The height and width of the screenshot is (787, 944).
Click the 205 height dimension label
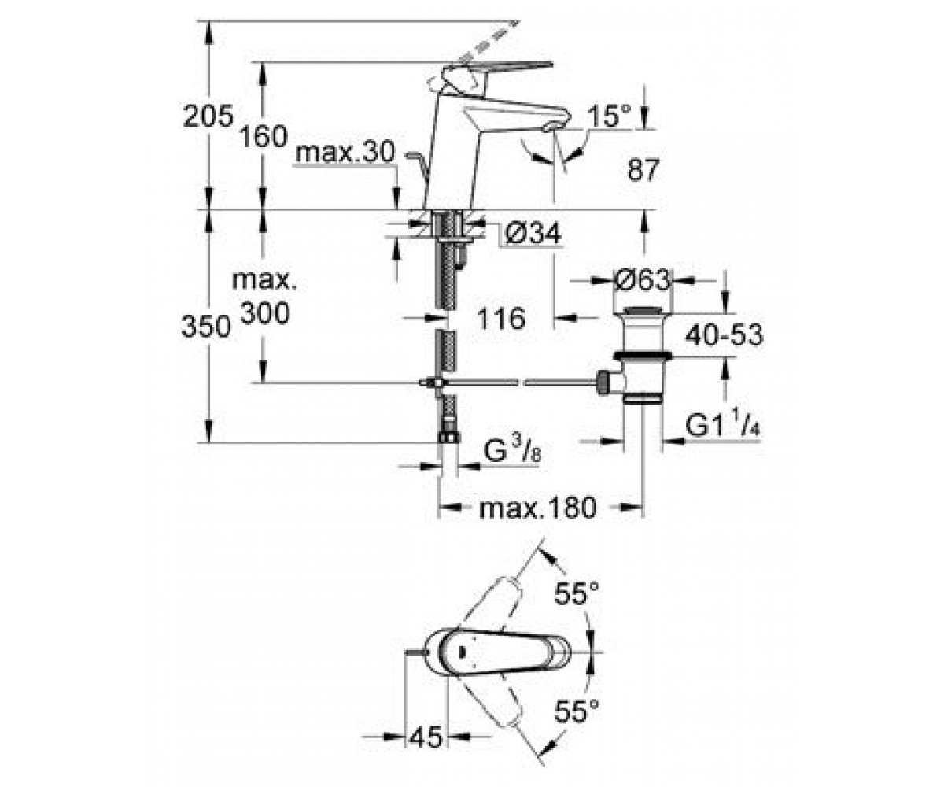(208, 116)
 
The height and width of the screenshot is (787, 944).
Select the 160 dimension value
(264, 136)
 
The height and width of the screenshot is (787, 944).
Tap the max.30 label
(345, 153)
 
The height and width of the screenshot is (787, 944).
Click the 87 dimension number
(643, 170)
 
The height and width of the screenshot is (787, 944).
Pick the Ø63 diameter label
(643, 280)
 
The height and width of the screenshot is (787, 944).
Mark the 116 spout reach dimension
(501, 318)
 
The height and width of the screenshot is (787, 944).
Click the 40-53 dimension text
(725, 335)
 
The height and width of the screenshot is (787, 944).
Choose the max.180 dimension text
(538, 508)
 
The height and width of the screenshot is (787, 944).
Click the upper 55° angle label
(577, 593)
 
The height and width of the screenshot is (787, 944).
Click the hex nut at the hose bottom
(448, 437)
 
